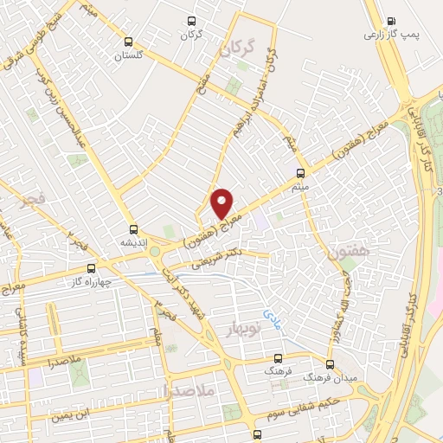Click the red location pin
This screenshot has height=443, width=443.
tap(222, 203)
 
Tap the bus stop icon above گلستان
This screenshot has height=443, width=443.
tap(129, 42)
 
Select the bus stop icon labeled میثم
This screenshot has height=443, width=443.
tap(301, 172)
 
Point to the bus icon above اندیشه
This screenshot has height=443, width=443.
tap(133, 229)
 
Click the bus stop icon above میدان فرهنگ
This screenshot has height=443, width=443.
tap(329, 364)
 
